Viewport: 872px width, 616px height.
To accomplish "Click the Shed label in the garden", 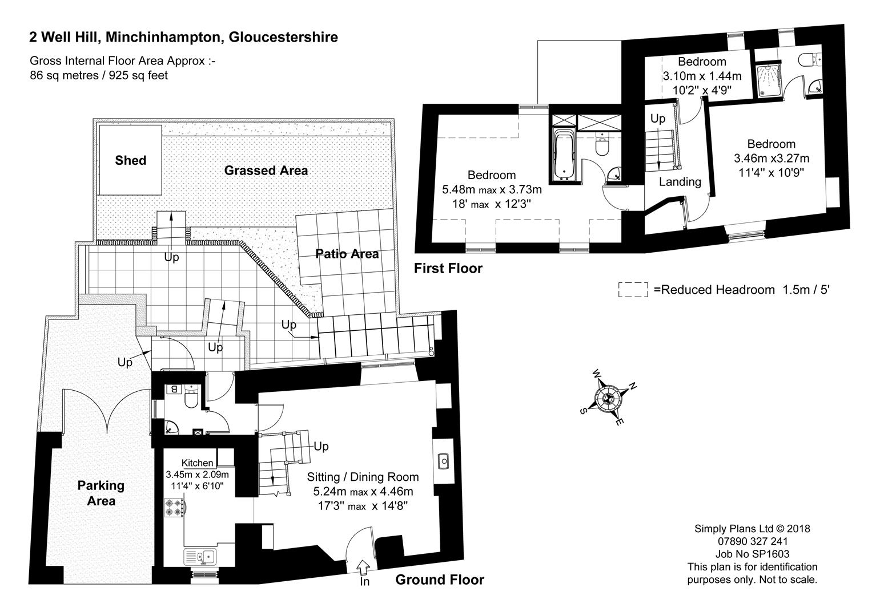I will tap(130, 160).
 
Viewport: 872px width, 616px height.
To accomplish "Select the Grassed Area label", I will tap(266, 170).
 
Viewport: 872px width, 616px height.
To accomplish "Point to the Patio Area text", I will tap(347, 254).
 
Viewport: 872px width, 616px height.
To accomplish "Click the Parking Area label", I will tap(101, 493).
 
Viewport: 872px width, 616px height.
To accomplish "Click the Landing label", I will tap(680, 182).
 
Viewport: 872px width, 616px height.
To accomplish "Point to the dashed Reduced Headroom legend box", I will tap(633, 290).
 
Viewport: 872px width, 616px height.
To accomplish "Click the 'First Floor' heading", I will tap(448, 268).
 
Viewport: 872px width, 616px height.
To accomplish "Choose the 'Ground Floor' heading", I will tap(439, 580).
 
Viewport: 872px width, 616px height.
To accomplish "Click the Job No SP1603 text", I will tap(752, 554).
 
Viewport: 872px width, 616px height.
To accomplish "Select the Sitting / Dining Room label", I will tap(363, 477).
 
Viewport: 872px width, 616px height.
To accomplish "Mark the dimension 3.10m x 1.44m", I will tap(702, 76).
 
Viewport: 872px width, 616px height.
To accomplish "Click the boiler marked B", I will tap(174, 389).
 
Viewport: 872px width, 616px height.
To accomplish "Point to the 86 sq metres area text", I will tap(99, 75).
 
